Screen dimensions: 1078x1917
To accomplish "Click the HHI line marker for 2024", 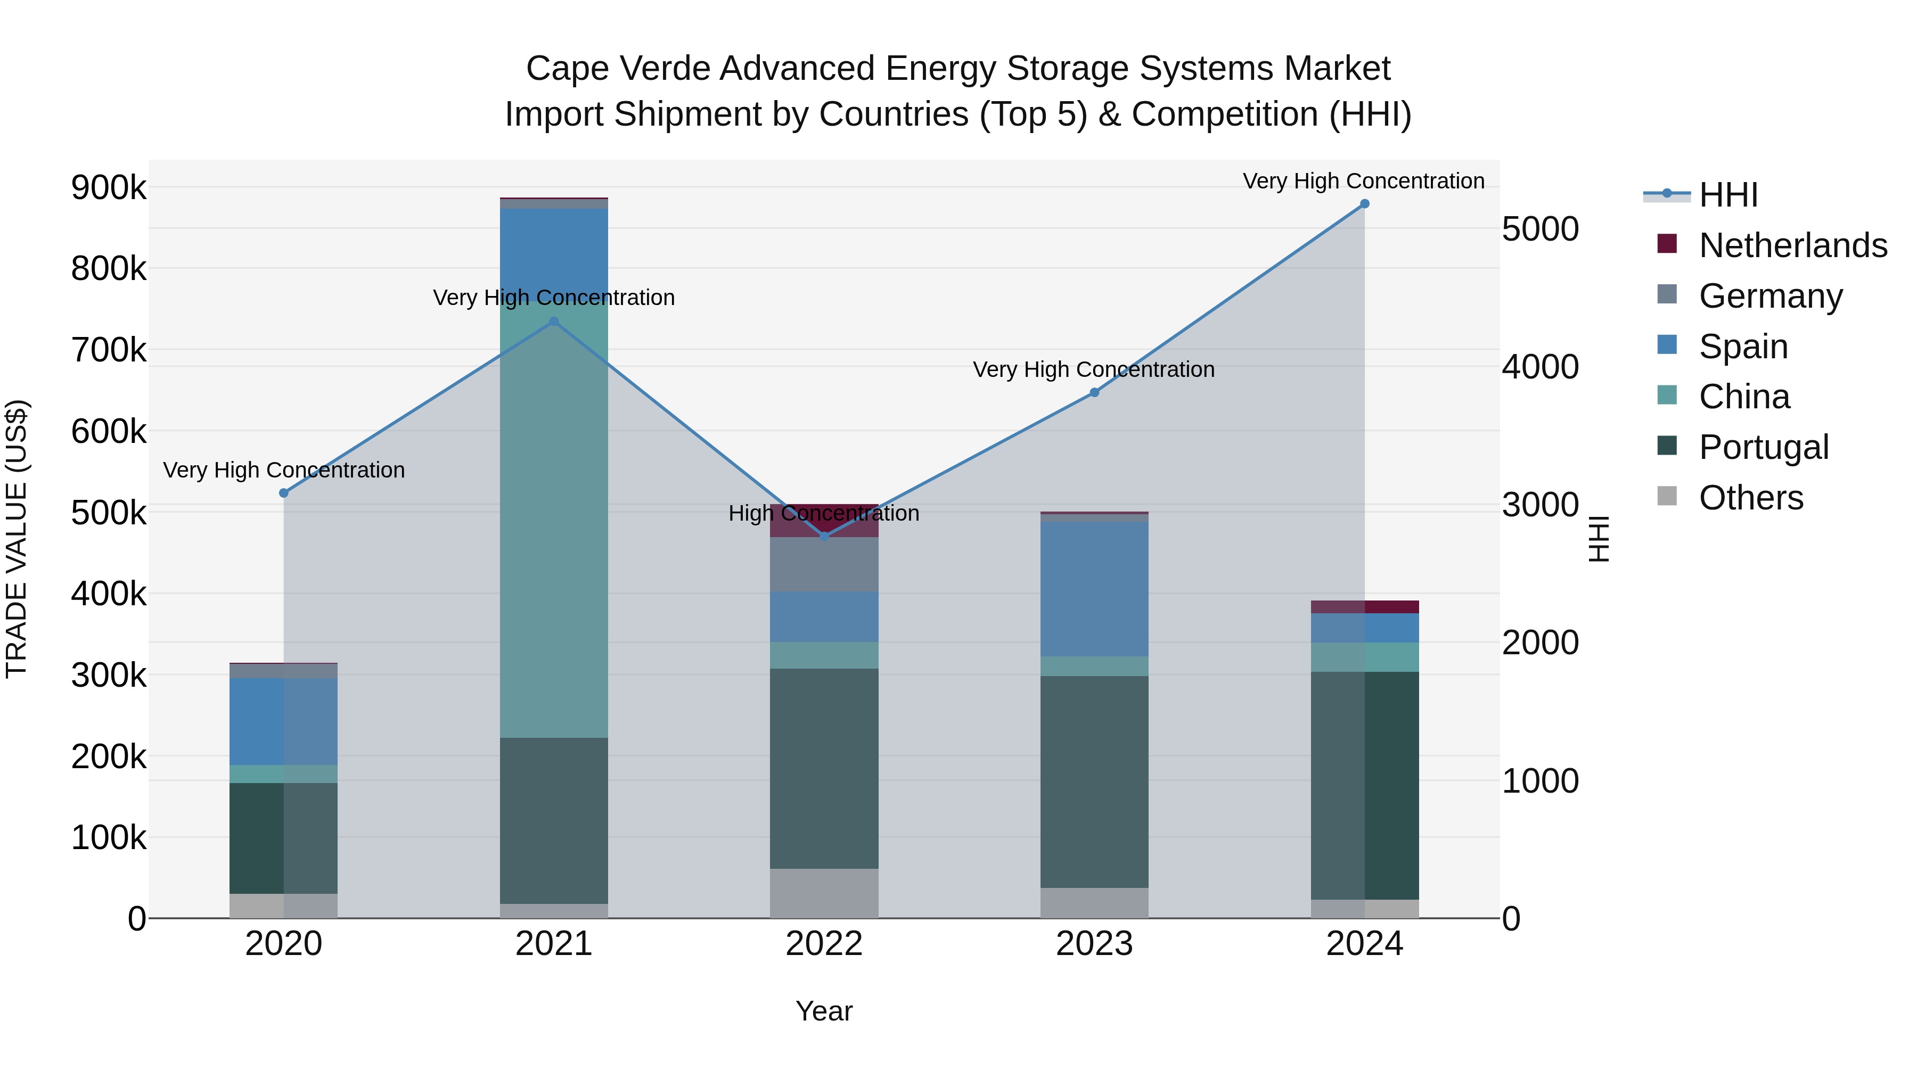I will [x=1364, y=204].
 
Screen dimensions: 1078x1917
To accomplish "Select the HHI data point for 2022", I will [x=824, y=537].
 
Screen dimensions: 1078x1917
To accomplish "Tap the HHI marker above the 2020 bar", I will [x=283, y=493].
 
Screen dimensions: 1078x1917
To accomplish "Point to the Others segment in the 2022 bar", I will [x=824, y=893].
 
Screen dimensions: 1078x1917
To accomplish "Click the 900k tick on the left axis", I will [x=109, y=187].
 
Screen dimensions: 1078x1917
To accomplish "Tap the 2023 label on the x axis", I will [x=1094, y=944].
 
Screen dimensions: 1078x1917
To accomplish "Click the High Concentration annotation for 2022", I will [x=824, y=513].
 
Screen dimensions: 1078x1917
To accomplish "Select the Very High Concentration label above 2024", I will [x=1363, y=181].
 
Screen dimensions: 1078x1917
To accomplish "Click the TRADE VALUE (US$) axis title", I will [x=17, y=539].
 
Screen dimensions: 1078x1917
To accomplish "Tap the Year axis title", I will [x=824, y=1011].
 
